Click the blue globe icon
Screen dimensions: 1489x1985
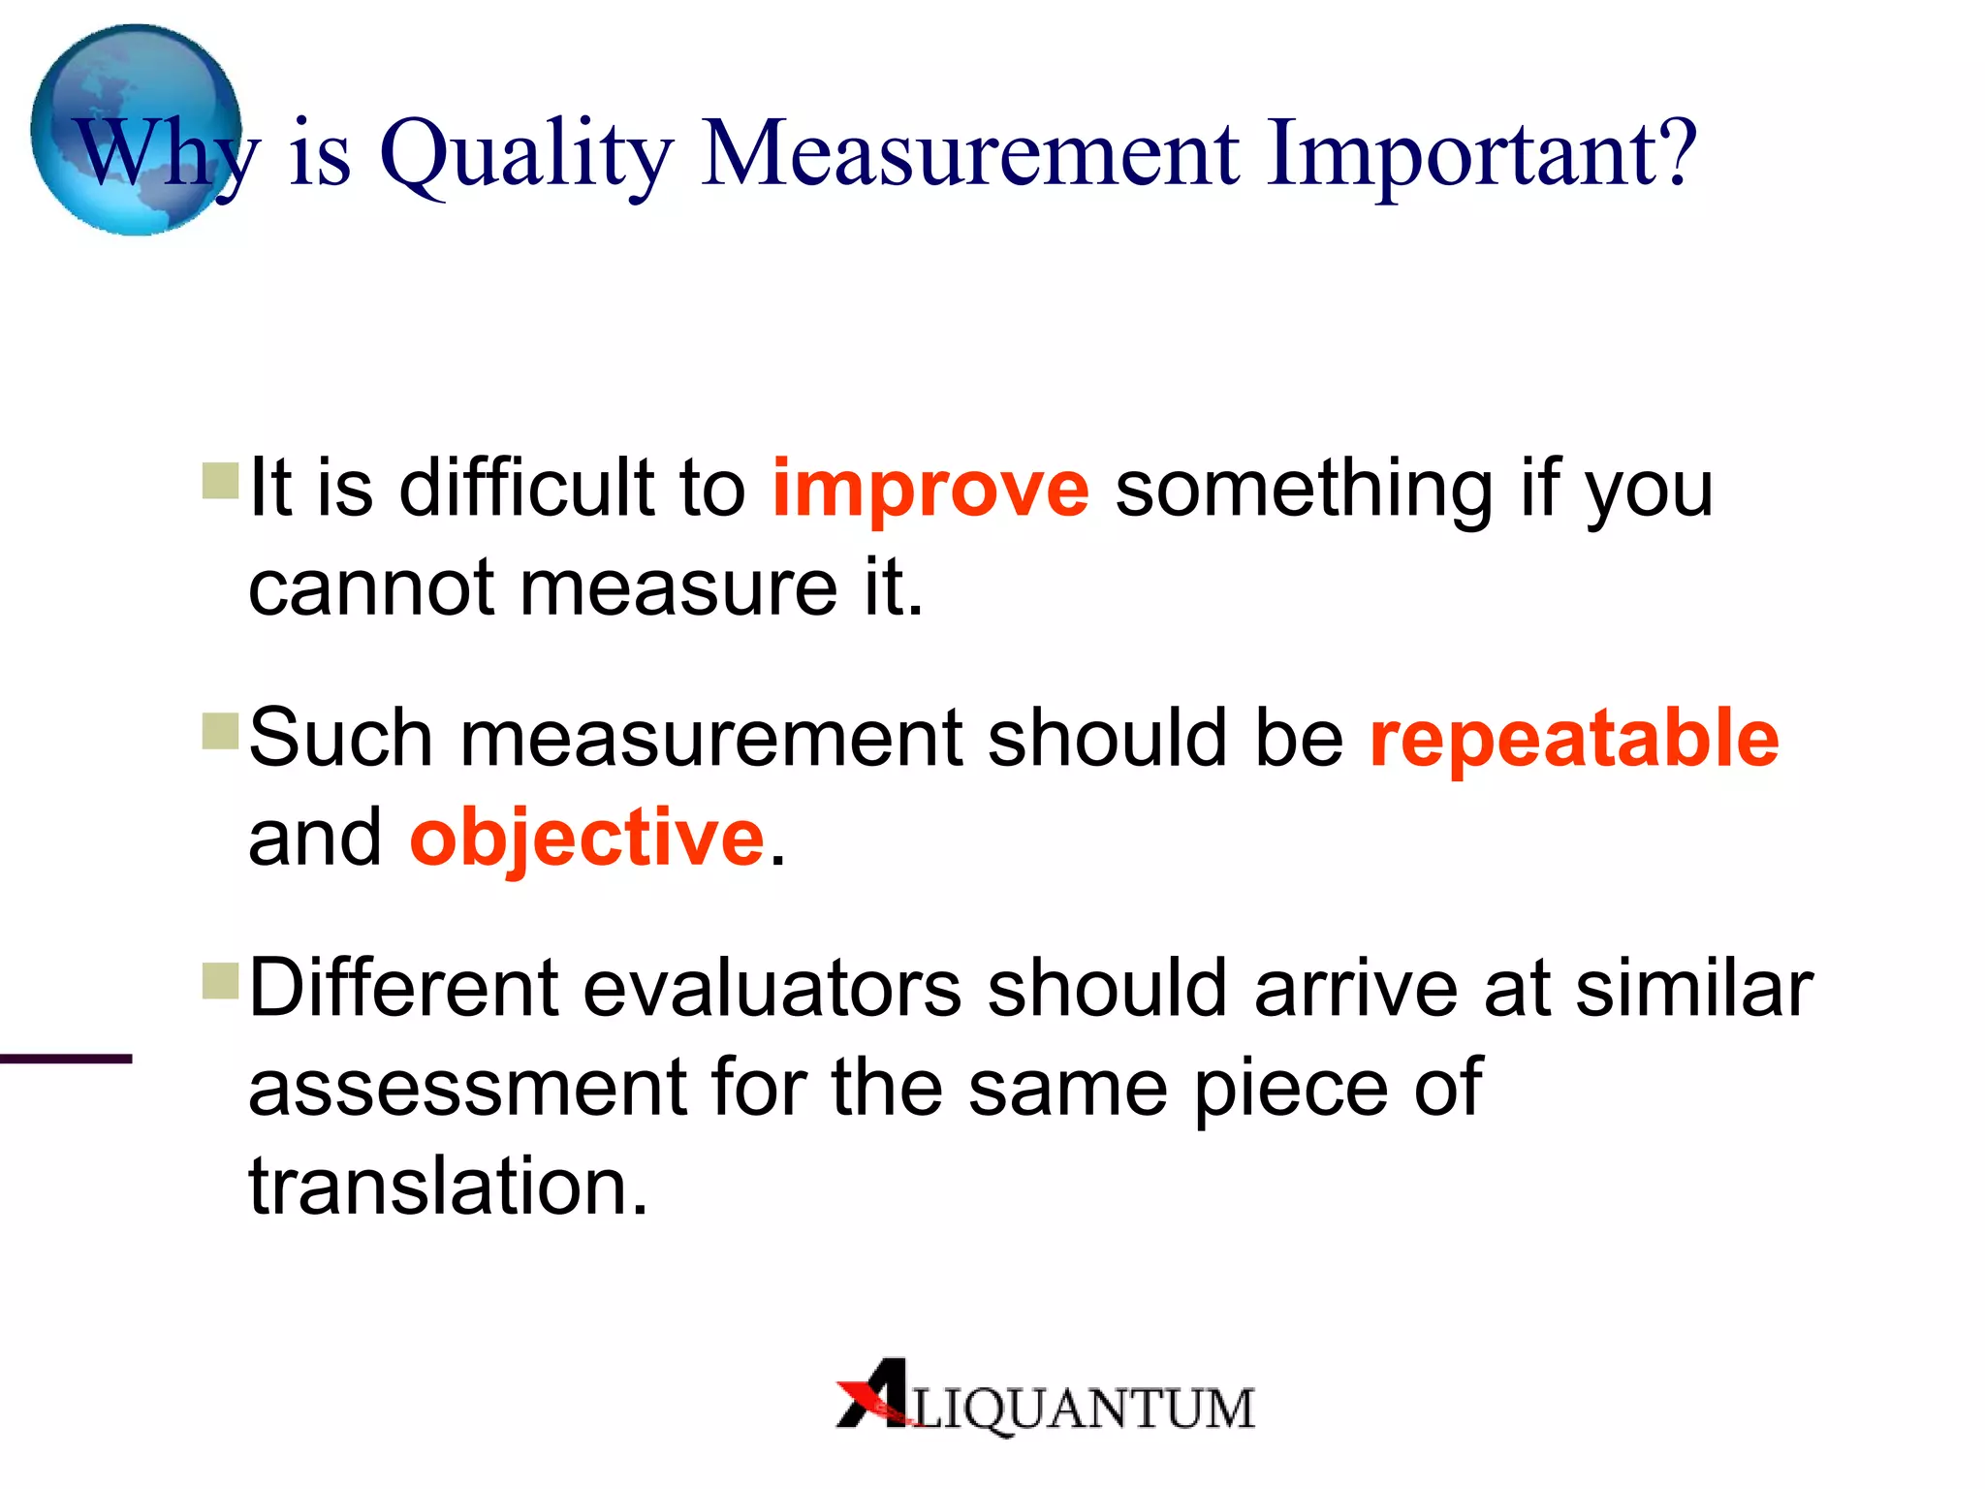(x=136, y=130)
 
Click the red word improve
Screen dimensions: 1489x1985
(x=930, y=489)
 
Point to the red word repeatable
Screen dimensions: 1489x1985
(x=1574, y=739)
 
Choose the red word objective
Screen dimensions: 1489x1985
(x=587, y=839)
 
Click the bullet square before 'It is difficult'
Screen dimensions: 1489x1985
(x=221, y=481)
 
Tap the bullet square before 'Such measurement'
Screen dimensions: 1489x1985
(x=221, y=731)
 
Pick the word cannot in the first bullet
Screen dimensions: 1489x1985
(x=372, y=589)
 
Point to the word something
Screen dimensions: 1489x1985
(x=1305, y=489)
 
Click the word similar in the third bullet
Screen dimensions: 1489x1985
(x=1694, y=989)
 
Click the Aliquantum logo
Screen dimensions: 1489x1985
(x=1045, y=1400)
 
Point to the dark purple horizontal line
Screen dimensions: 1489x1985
(x=66, y=1059)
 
